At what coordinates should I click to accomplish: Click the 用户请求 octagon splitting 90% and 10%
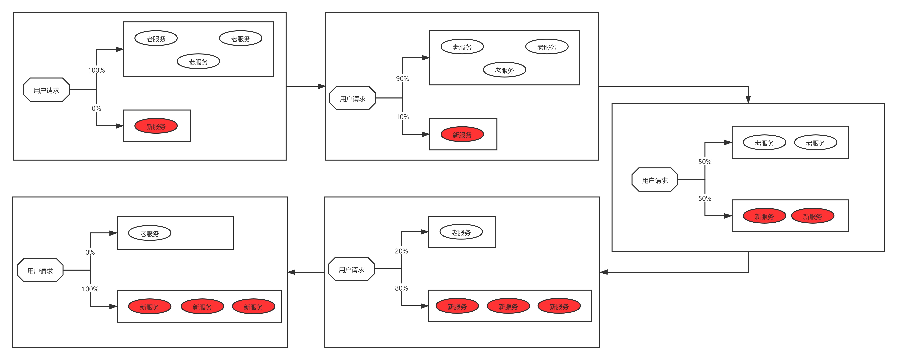352,98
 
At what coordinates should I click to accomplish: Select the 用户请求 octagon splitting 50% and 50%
655,180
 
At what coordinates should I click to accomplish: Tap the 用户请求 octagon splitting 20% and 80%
351,270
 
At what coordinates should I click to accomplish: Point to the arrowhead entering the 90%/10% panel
322,86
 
